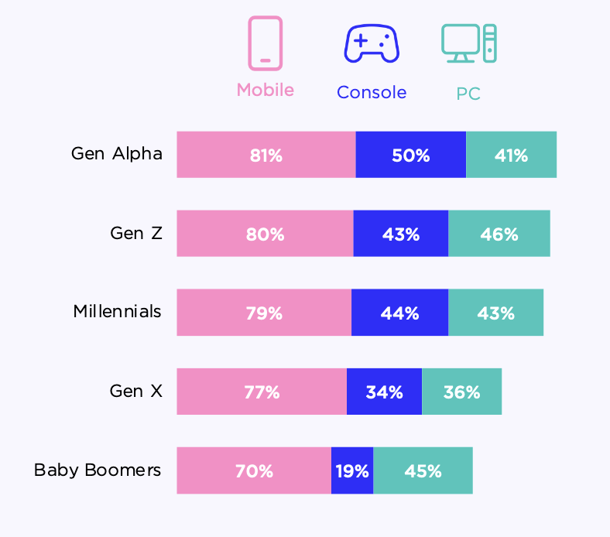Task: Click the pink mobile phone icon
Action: (265, 43)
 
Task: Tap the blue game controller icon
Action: (371, 43)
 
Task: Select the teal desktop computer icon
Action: (468, 43)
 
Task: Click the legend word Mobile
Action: (265, 90)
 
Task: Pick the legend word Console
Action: (371, 93)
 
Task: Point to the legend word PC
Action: (468, 94)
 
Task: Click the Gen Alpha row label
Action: (117, 153)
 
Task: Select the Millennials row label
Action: (118, 311)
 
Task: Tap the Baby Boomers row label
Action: (98, 470)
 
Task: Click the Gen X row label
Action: (136, 391)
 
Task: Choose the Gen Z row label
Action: (136, 232)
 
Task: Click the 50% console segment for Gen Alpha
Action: (410, 155)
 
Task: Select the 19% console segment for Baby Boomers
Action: (352, 470)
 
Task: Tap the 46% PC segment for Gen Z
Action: (499, 234)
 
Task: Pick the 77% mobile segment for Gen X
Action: (262, 392)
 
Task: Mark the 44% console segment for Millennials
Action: (399, 313)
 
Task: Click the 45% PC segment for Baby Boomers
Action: (423, 470)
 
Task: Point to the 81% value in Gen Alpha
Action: (266, 156)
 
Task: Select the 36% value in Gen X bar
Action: (461, 392)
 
